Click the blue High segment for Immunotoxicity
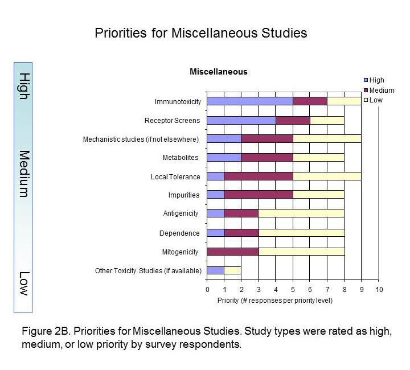coord(249,101)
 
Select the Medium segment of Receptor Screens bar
coord(293,120)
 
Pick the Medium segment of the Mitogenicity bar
coord(232,251)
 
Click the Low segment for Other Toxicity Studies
coord(232,270)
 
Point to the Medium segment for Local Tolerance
coord(258,176)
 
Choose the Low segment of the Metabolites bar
coord(318,157)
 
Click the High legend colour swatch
coord(366,80)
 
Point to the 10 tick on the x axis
coord(379,290)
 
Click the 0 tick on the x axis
coord(207,290)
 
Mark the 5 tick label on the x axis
coord(293,290)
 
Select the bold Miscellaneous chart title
coord(219,72)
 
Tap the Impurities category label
coord(184,195)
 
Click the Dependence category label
coord(180,233)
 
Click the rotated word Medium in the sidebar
coord(24,174)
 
